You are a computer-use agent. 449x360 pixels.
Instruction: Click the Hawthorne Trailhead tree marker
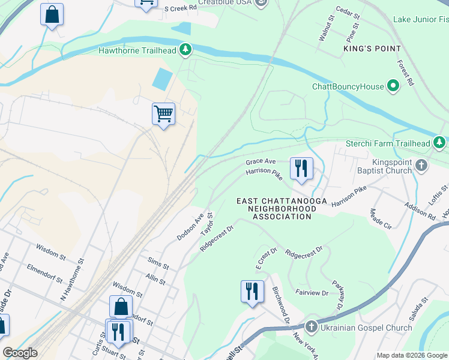(186, 49)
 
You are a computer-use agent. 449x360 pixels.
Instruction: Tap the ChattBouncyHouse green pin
(393, 86)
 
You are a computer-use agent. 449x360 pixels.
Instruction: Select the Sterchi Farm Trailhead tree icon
(440, 143)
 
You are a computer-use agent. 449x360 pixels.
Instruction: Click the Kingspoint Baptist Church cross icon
(422, 165)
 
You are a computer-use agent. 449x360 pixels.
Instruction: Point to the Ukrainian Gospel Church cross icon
(311, 327)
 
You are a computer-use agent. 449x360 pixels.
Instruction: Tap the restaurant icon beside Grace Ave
(301, 168)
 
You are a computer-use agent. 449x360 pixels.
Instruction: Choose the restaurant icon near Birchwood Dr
(252, 292)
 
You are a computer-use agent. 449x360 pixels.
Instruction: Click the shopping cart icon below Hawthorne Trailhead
(163, 113)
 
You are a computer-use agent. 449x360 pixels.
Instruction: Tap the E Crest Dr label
(264, 259)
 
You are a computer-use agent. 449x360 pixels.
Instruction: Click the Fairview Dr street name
(312, 293)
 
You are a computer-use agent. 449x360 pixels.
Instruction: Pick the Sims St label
(158, 262)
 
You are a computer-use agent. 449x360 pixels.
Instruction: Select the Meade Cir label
(381, 220)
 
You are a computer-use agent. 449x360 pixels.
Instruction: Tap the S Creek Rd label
(180, 8)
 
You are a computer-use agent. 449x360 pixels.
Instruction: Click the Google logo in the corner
(20, 353)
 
